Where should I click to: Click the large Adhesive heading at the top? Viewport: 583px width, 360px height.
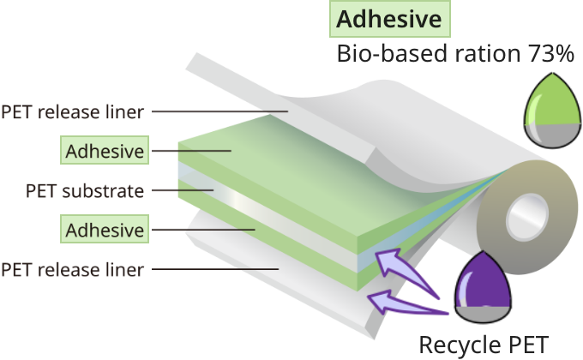390,18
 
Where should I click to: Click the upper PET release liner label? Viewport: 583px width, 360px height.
75,112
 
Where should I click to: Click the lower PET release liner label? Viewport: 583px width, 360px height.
75,270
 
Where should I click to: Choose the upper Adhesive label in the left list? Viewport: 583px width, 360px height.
104,152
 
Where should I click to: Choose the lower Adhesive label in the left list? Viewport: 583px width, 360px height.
104,230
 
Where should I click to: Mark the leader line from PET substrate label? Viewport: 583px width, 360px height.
180,190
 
